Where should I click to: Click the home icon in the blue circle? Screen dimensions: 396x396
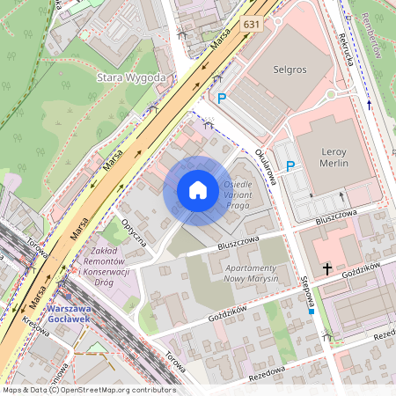tap(198, 190)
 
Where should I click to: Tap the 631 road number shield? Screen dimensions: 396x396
tap(252, 25)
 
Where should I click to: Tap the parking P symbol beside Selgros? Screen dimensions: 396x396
tap(221, 100)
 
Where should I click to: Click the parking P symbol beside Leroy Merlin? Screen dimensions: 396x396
tap(290, 165)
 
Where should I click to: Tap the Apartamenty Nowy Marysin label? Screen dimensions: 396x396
tap(239, 272)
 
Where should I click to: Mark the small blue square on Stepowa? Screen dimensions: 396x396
tap(312, 312)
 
